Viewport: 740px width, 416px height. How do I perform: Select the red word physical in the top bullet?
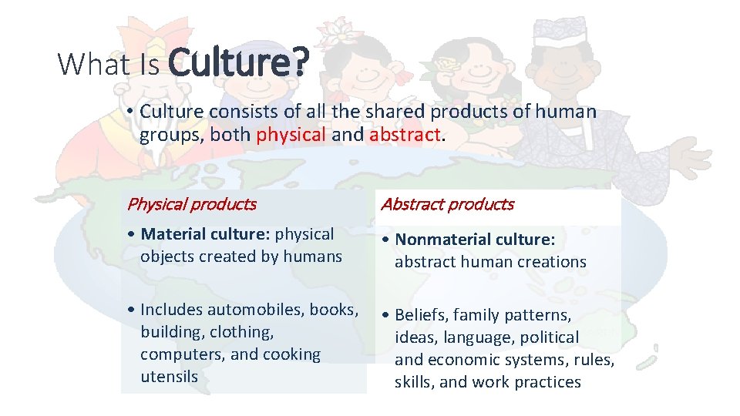click(x=291, y=135)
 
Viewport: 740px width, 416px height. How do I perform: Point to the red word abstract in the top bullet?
click(x=405, y=135)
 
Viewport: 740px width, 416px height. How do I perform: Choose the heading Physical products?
click(x=191, y=204)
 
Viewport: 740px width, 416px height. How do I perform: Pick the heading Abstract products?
click(x=447, y=204)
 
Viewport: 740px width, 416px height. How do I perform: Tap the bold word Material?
click(x=174, y=234)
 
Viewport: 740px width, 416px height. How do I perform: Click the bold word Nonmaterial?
click(x=439, y=240)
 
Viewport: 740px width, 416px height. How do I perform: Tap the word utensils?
click(x=169, y=377)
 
